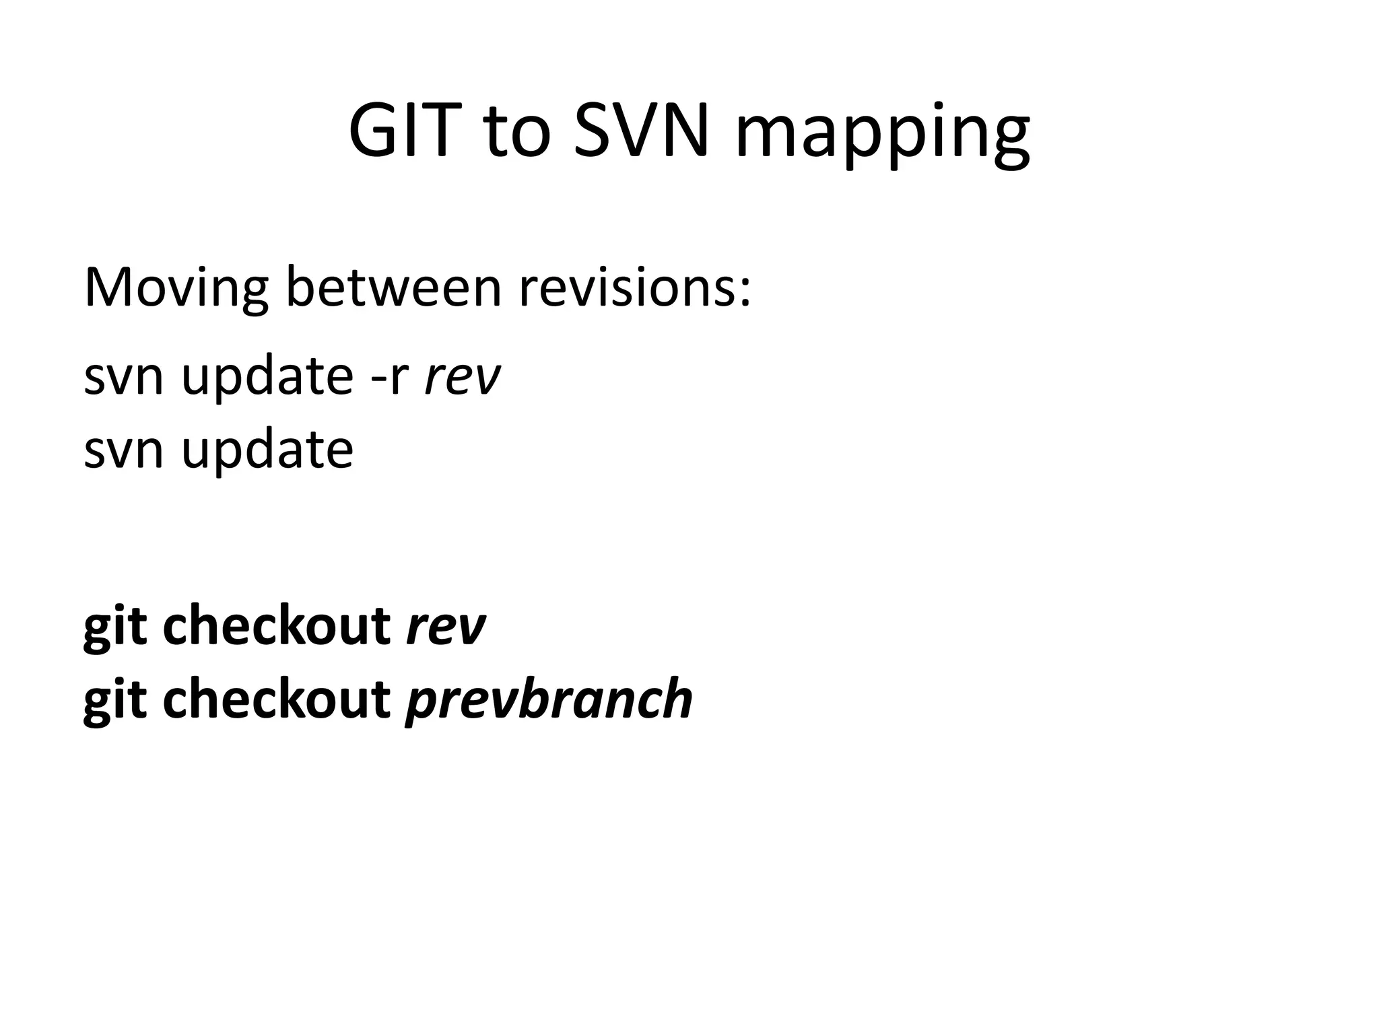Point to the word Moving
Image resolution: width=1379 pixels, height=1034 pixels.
click(x=176, y=288)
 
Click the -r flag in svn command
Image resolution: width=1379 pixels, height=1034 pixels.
click(x=390, y=377)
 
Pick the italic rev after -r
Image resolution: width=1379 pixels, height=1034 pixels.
click(x=462, y=377)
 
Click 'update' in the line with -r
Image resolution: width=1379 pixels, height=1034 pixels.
click(x=267, y=377)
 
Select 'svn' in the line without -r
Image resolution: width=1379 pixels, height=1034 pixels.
click(x=123, y=450)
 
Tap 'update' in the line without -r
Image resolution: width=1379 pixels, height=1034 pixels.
click(x=267, y=450)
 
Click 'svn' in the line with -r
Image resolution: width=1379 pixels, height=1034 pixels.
click(x=123, y=377)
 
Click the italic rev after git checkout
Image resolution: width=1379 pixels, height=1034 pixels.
click(x=445, y=626)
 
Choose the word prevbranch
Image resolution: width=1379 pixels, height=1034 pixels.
click(x=548, y=700)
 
